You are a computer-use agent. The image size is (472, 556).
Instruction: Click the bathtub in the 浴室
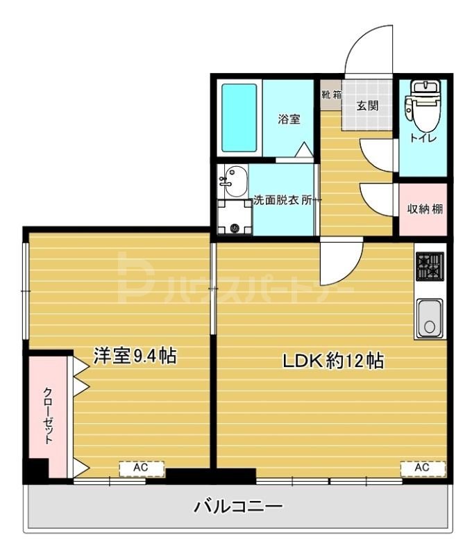239,118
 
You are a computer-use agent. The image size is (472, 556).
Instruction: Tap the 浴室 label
289,119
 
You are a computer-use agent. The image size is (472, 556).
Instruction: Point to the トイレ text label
423,137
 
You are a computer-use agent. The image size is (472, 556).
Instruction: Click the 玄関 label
367,106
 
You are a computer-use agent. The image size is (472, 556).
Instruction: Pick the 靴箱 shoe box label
331,95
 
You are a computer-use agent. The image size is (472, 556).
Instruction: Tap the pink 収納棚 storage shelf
422,208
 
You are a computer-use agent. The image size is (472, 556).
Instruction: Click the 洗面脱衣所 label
286,200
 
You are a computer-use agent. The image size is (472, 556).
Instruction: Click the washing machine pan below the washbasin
234,218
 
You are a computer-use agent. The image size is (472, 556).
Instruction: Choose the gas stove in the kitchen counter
430,266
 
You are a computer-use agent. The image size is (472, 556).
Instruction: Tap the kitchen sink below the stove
430,318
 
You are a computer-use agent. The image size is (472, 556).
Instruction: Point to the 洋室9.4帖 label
135,356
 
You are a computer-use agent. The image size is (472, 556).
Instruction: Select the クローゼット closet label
49,415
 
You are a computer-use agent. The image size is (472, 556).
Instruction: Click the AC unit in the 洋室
141,468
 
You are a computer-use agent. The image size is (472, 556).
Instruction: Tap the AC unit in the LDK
422,468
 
